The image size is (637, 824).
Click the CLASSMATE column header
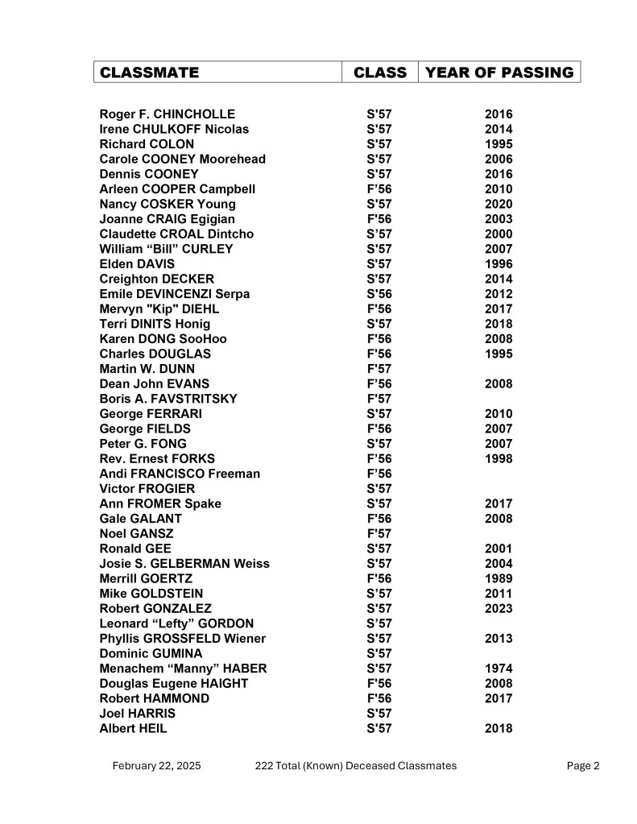149,72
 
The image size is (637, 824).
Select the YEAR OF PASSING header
499,72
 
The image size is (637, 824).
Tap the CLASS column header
380,72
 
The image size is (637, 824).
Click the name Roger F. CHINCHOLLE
168,114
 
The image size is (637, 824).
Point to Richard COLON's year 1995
498,144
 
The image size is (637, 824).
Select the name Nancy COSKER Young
168,204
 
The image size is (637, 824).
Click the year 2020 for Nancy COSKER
498,204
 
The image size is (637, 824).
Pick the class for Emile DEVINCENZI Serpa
378,294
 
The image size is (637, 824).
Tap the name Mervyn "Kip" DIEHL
159,308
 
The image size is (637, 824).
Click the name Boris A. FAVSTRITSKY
168,399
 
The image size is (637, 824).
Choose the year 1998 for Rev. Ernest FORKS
498,458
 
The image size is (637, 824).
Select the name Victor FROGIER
147,488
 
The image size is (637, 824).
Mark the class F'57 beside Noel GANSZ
378,533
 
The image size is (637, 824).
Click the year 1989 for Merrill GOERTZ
498,578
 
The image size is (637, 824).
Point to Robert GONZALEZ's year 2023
498,608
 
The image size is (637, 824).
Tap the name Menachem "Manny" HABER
183,669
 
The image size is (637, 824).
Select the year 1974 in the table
498,669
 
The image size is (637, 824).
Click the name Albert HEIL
134,728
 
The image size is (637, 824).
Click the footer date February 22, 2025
157,766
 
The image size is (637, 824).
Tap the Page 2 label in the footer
583,766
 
